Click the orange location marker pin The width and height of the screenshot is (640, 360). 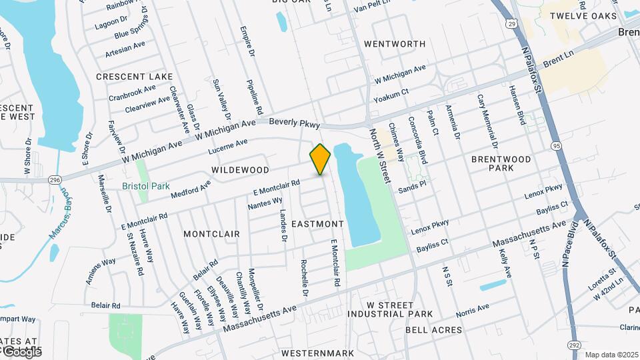(320, 159)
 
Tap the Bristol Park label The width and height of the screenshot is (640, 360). (146, 187)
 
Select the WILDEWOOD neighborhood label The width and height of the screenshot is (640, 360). (240, 171)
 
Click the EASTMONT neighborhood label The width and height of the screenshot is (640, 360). (317, 224)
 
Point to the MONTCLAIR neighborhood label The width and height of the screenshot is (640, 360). (211, 235)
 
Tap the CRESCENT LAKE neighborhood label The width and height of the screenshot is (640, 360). (134, 77)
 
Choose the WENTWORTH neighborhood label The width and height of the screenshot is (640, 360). (395, 44)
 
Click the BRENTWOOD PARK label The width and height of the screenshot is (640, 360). (501, 164)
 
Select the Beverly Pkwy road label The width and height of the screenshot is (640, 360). (295, 124)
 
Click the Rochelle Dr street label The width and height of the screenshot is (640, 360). (305, 279)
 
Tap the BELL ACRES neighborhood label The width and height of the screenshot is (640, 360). (433, 330)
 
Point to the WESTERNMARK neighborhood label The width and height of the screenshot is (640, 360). (317, 353)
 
